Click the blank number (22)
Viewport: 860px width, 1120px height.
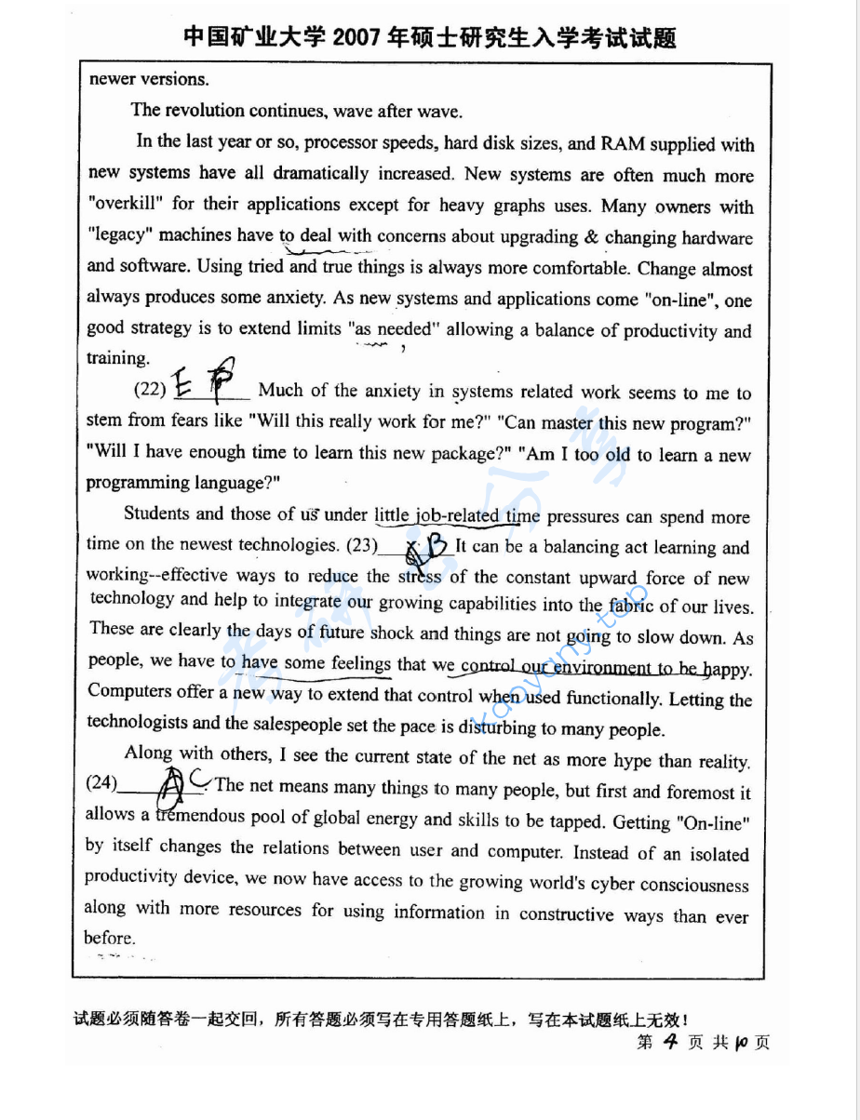152,391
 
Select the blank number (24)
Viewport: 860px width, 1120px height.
101,783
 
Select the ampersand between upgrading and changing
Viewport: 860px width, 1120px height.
591,236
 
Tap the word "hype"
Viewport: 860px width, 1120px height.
633,760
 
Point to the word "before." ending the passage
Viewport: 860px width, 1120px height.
110,938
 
